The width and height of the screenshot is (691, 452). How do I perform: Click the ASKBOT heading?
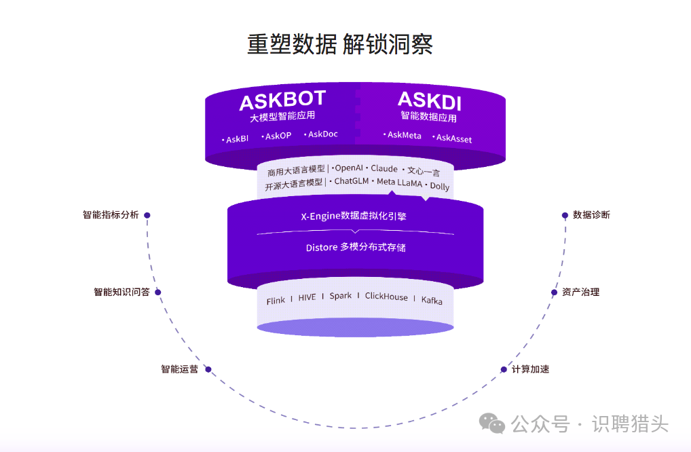tap(282, 101)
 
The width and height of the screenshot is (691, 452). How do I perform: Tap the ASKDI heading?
tap(429, 101)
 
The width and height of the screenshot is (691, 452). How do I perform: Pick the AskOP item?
tap(278, 136)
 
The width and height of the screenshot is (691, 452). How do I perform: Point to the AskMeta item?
tap(404, 135)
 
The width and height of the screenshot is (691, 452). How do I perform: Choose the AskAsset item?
tap(453, 138)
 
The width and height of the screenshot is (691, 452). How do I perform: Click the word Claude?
tap(384, 168)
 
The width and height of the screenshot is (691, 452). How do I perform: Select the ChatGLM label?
tap(352, 181)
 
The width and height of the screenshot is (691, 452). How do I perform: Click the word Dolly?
tap(439, 186)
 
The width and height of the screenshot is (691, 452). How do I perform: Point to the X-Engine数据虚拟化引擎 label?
tap(354, 216)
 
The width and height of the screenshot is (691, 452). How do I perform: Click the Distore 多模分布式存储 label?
tap(355, 247)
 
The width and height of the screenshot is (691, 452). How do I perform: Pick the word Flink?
tap(276, 300)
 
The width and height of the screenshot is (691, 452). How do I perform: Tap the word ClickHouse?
tap(386, 296)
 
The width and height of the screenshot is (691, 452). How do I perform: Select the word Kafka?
tap(432, 299)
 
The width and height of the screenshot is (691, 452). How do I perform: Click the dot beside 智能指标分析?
tap(147, 215)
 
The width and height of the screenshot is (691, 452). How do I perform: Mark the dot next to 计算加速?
tap(504, 370)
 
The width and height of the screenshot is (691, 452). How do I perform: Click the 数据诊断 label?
tap(591, 214)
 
